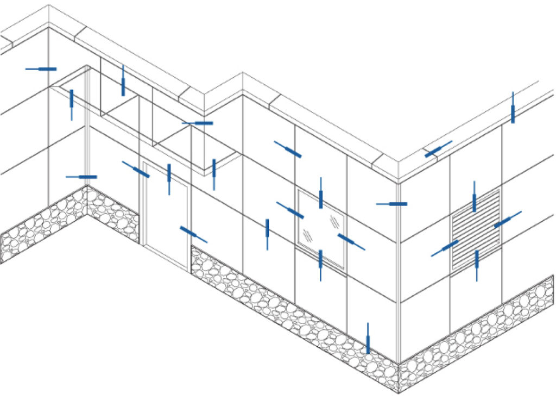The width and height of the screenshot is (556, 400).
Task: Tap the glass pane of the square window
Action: click(321, 228)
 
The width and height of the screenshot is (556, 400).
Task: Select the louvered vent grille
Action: click(476, 230)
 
